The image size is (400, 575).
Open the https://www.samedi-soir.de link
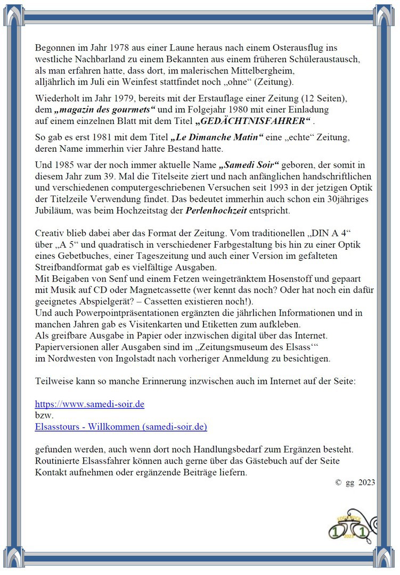pos(89,404)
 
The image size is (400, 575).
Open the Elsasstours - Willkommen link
pos(121,426)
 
